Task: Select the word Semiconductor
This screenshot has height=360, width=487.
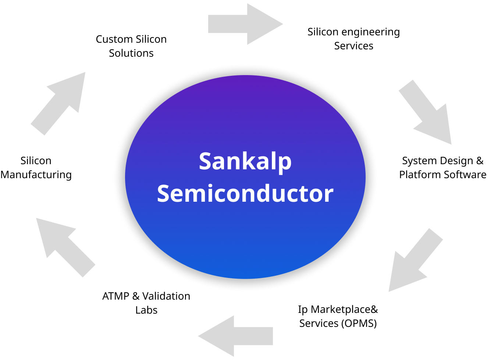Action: (x=245, y=194)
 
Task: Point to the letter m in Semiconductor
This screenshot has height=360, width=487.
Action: (x=195, y=195)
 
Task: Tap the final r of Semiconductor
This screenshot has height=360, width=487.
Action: (x=328, y=195)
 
